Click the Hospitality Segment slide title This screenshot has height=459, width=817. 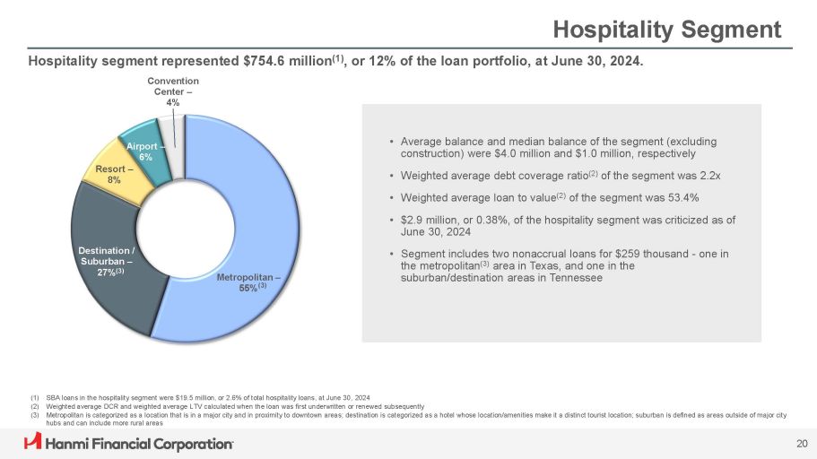coord(666,30)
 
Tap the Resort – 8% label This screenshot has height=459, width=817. coord(101,175)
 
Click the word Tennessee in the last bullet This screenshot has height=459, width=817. coord(574,278)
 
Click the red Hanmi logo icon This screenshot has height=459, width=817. coord(33,443)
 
